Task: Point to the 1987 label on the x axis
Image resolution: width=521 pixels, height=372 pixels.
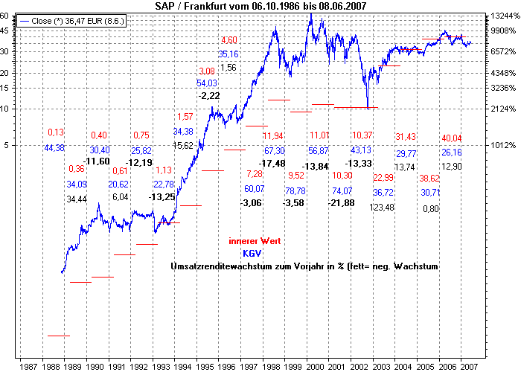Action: coord(29,367)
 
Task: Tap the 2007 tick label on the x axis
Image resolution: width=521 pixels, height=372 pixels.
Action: coord(469,367)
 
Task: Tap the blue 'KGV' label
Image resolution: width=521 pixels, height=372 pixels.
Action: coord(252,253)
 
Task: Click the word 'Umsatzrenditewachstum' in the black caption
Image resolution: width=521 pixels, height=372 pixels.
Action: coord(223,266)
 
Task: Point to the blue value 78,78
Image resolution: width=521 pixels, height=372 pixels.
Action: coord(295,191)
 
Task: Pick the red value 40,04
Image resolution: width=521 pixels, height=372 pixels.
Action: coord(452,138)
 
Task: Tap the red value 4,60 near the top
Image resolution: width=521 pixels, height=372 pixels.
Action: coord(228,40)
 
